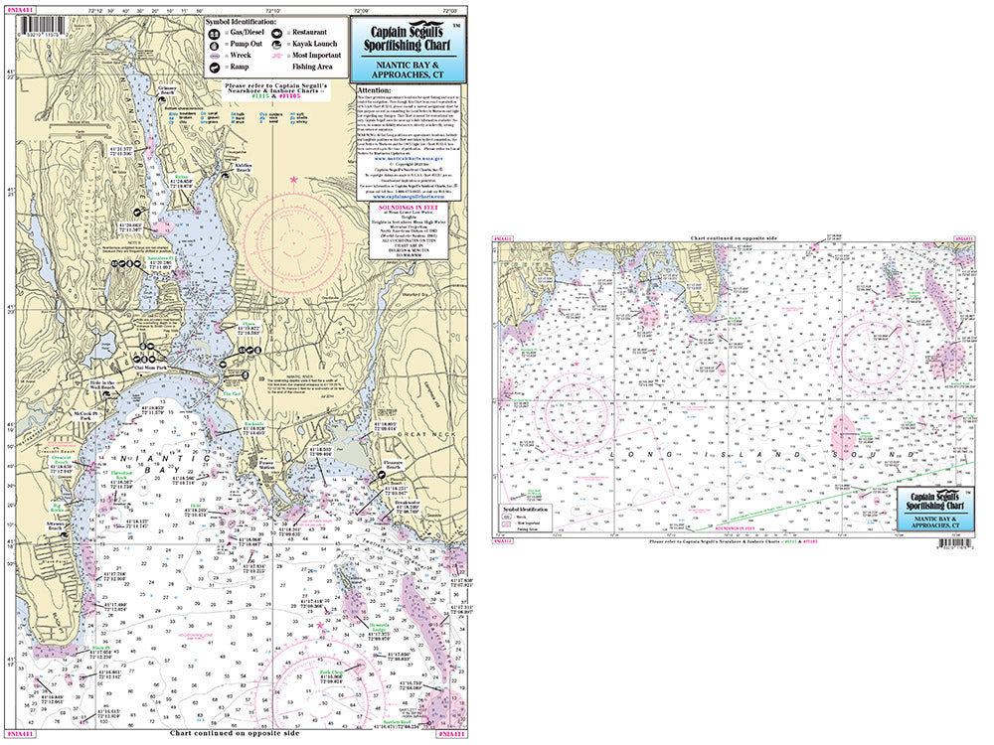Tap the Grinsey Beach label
[x=168, y=89]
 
